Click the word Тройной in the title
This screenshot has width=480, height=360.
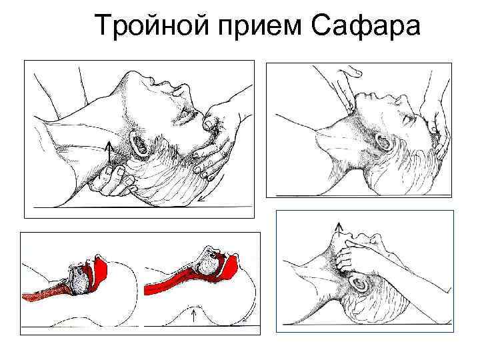[152, 26]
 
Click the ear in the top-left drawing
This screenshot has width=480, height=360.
[140, 142]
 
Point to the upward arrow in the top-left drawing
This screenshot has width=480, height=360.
[109, 152]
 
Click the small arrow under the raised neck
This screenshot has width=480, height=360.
[193, 315]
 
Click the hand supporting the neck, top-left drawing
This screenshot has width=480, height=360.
[113, 181]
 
